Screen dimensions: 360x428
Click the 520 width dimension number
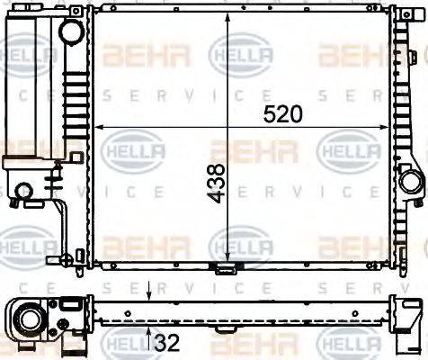click(281, 113)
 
